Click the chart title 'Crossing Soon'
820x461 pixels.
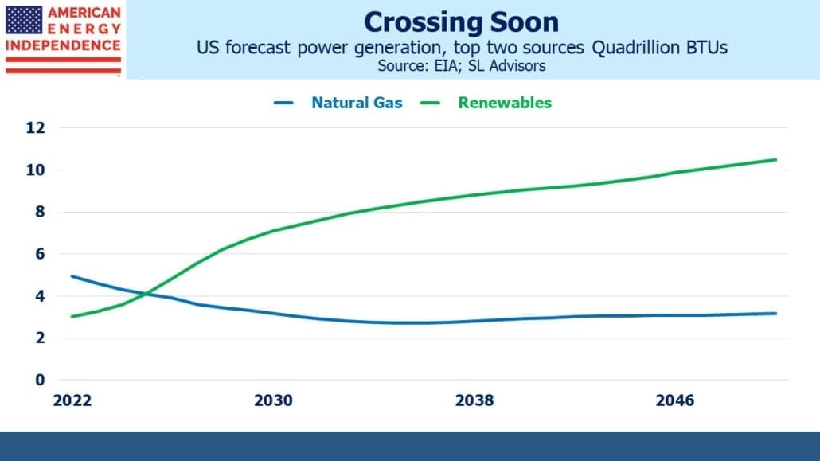click(x=461, y=22)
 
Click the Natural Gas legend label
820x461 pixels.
click(x=357, y=103)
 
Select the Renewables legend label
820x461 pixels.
click(x=505, y=103)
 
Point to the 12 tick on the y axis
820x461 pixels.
click(x=36, y=127)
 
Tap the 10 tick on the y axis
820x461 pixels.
click(x=36, y=170)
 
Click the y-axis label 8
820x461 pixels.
click(x=40, y=212)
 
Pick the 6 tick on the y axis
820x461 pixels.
click(x=40, y=254)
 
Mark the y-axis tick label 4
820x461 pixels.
click(x=40, y=296)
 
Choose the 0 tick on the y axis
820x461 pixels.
click(x=40, y=380)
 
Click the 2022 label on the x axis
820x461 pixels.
click(x=72, y=400)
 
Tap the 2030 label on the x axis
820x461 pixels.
click(x=273, y=400)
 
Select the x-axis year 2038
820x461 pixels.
click(x=474, y=400)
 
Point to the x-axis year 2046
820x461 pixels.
click(x=675, y=400)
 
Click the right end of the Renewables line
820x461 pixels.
click(x=776, y=159)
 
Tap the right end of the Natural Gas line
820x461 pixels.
click(x=776, y=314)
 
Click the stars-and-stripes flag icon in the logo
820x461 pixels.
click(x=24, y=21)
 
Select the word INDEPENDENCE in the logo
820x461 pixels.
click(x=63, y=45)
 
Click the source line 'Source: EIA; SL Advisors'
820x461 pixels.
click(x=461, y=66)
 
